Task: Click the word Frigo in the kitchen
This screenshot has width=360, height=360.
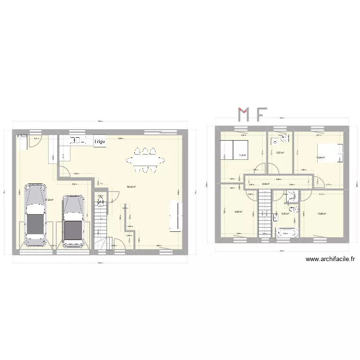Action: [100, 142]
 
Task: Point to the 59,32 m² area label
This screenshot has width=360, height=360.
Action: [131, 187]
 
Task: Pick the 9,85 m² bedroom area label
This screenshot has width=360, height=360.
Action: [238, 212]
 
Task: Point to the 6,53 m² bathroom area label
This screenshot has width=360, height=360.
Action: [285, 214]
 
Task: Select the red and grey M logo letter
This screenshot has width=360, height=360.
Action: [244, 114]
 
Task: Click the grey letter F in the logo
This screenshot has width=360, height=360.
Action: [261, 114]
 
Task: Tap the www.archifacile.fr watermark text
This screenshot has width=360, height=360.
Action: [330, 259]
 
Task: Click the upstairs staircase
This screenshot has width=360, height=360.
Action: [264, 213]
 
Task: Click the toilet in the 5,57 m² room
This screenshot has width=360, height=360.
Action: [285, 139]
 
